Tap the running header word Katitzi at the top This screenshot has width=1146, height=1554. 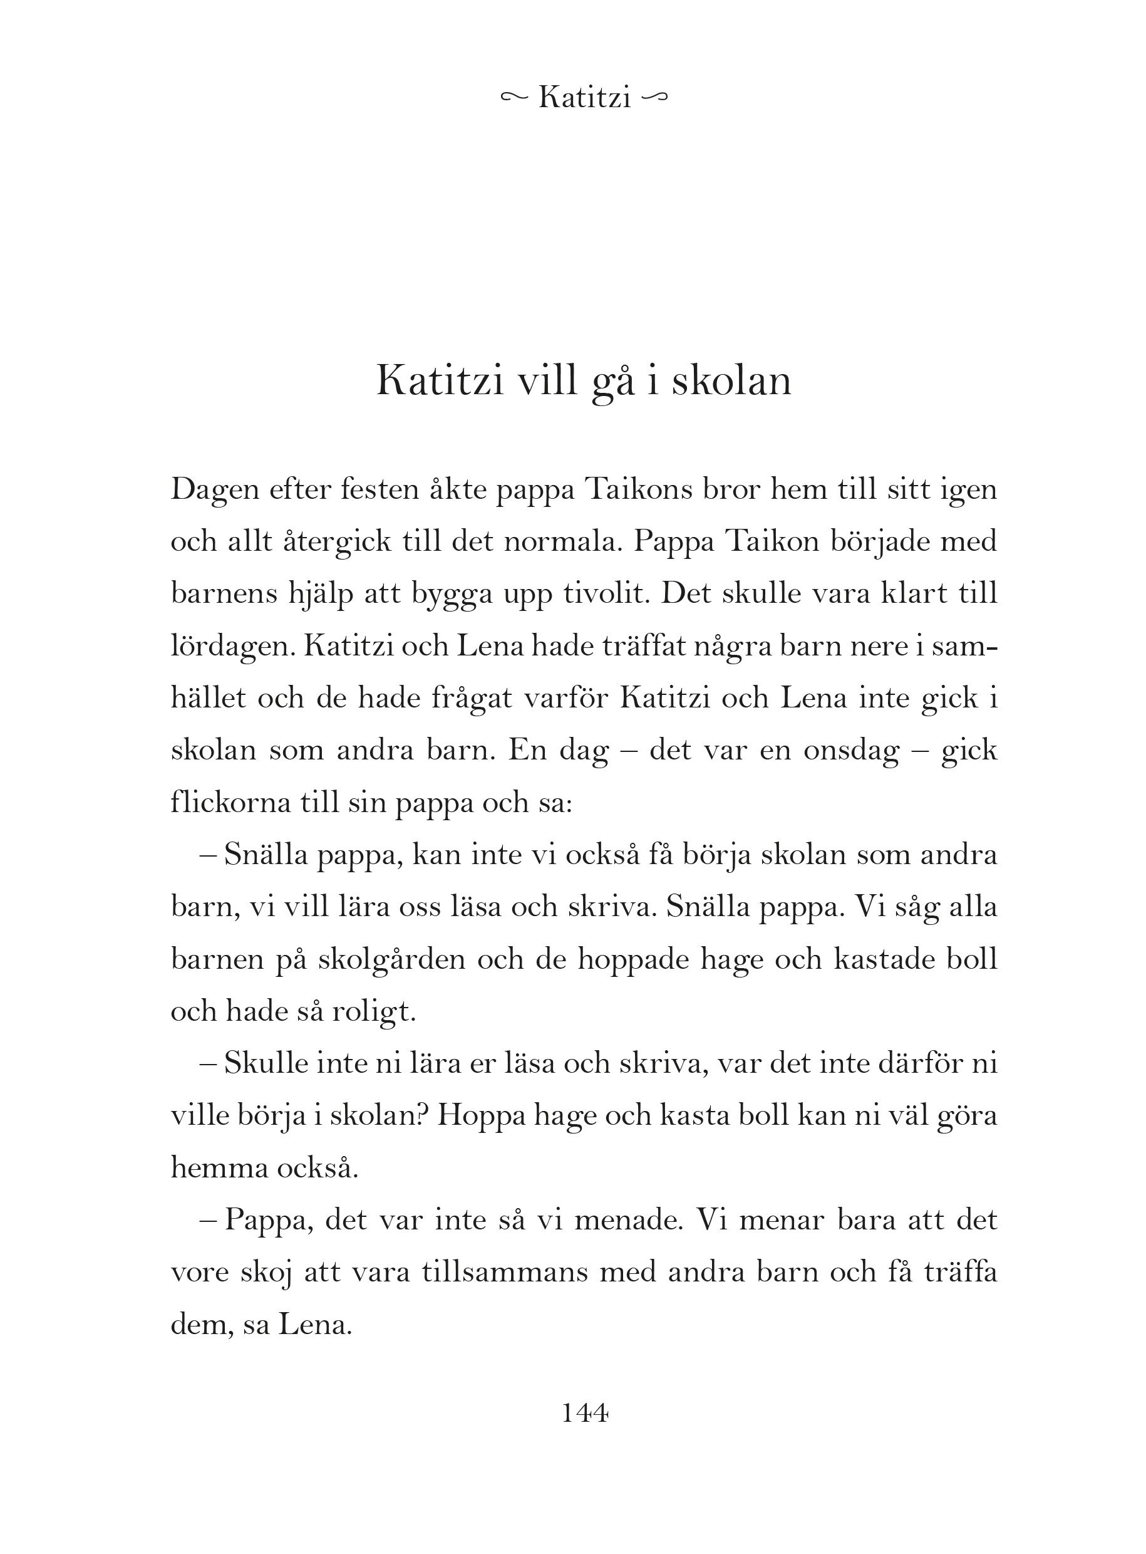coord(584,98)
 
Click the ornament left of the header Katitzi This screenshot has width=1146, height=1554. coord(514,98)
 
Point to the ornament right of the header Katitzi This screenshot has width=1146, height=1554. coord(656,98)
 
